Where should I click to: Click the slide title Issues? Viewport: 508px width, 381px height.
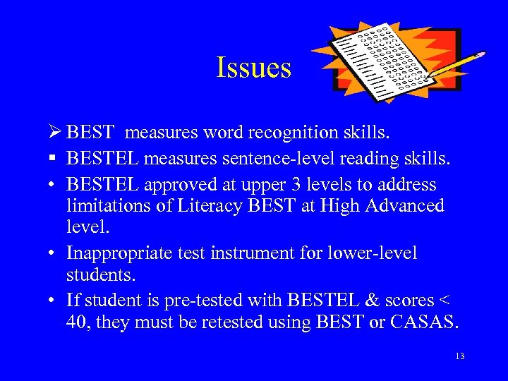point(253,68)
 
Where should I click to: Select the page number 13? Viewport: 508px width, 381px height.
point(459,356)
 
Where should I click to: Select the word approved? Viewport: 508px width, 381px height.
point(180,185)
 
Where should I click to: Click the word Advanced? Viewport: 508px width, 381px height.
point(399,206)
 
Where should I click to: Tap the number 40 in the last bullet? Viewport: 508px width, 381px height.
point(78,322)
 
